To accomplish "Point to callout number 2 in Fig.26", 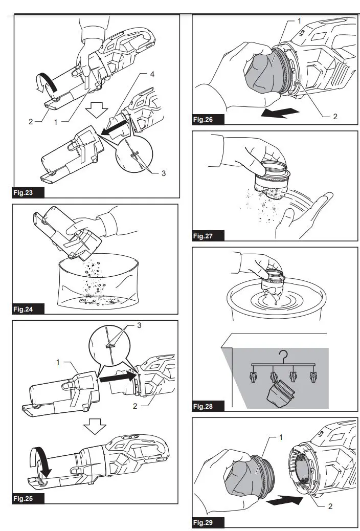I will pyautogui.click(x=335, y=117).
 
